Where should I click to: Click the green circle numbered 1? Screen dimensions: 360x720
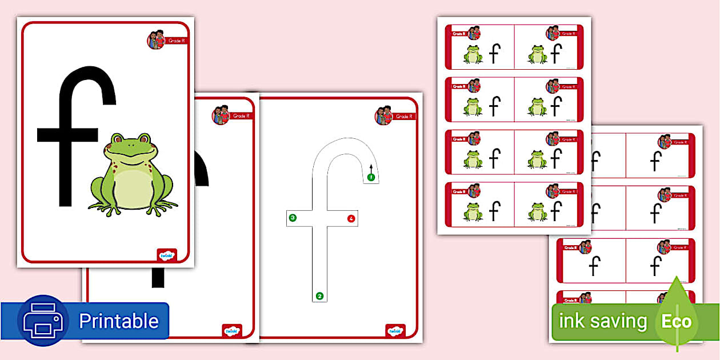click(x=370, y=177)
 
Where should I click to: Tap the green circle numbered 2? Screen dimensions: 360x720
click(x=319, y=296)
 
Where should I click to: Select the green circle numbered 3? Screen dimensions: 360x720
click(x=293, y=218)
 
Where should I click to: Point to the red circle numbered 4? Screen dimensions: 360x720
click(x=351, y=218)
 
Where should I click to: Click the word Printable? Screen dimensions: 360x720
click(x=118, y=321)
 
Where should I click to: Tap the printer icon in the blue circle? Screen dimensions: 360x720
click(x=43, y=321)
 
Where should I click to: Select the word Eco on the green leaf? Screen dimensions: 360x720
click(x=676, y=321)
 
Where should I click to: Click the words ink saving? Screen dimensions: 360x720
click(x=602, y=321)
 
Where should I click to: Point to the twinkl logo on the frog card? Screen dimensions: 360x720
click(x=167, y=255)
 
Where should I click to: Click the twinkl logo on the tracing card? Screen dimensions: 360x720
click(x=395, y=331)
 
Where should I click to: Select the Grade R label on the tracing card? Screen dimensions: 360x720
click(x=403, y=117)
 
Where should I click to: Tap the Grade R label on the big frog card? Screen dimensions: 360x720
click(x=176, y=41)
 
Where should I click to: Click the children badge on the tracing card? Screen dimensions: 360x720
click(x=383, y=115)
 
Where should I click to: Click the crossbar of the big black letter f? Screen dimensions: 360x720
click(x=67, y=135)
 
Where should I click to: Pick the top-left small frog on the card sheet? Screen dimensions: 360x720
click(x=473, y=54)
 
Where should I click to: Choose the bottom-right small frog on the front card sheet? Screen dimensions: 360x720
click(x=537, y=211)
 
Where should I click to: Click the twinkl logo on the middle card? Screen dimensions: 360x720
click(x=231, y=331)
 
